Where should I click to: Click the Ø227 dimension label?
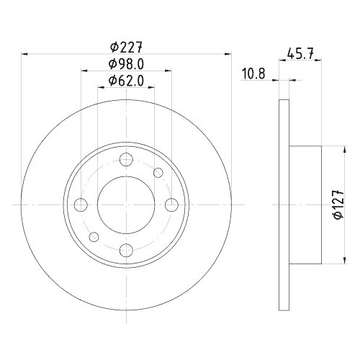pyautogui.click(x=126, y=48)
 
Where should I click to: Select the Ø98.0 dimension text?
pyautogui.click(x=126, y=64)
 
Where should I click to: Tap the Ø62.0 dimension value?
pyautogui.click(x=126, y=81)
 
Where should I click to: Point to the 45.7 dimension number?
pyautogui.click(x=300, y=54)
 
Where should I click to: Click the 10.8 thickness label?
pyautogui.click(x=253, y=73)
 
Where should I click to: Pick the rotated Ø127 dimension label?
pyautogui.click(x=338, y=204)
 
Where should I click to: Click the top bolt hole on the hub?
pyautogui.click(x=126, y=160)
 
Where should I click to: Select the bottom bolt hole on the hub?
pyautogui.click(x=126, y=250)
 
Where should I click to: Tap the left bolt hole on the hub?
pyautogui.click(x=81, y=205)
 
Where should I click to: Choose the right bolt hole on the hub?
pyautogui.click(x=172, y=205)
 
